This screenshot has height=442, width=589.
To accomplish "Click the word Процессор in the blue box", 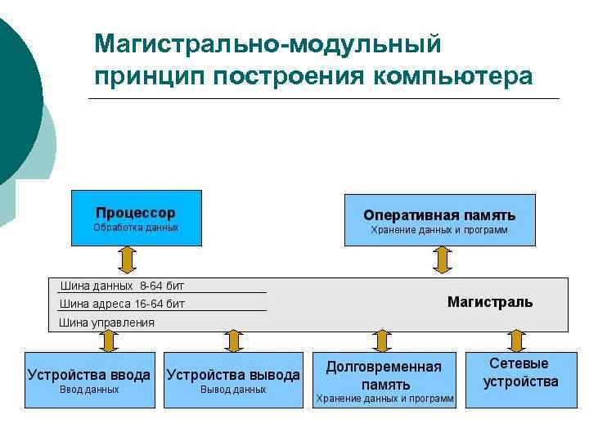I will pos(136,213).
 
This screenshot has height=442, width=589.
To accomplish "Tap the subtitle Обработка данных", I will pos(136,228).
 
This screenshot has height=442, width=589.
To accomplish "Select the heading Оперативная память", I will pos(439,215).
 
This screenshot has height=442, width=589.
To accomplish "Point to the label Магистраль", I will pos(489,302).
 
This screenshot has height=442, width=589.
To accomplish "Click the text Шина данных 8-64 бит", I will pos(123,286).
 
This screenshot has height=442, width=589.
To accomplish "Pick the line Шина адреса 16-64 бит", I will pos(123,304).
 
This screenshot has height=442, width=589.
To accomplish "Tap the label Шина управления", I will pos(107,322).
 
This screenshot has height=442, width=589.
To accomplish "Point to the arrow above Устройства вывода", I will pos(233,341).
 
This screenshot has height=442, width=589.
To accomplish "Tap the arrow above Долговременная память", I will pos(381,341).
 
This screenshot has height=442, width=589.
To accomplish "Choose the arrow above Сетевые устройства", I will pos(515,341).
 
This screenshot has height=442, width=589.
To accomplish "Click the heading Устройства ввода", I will pos(89,375).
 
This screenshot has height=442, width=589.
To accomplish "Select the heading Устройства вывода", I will pos(233,375).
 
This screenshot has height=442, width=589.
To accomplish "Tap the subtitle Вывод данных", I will pos(233,390).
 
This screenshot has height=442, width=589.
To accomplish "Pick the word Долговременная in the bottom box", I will pos(384,367).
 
